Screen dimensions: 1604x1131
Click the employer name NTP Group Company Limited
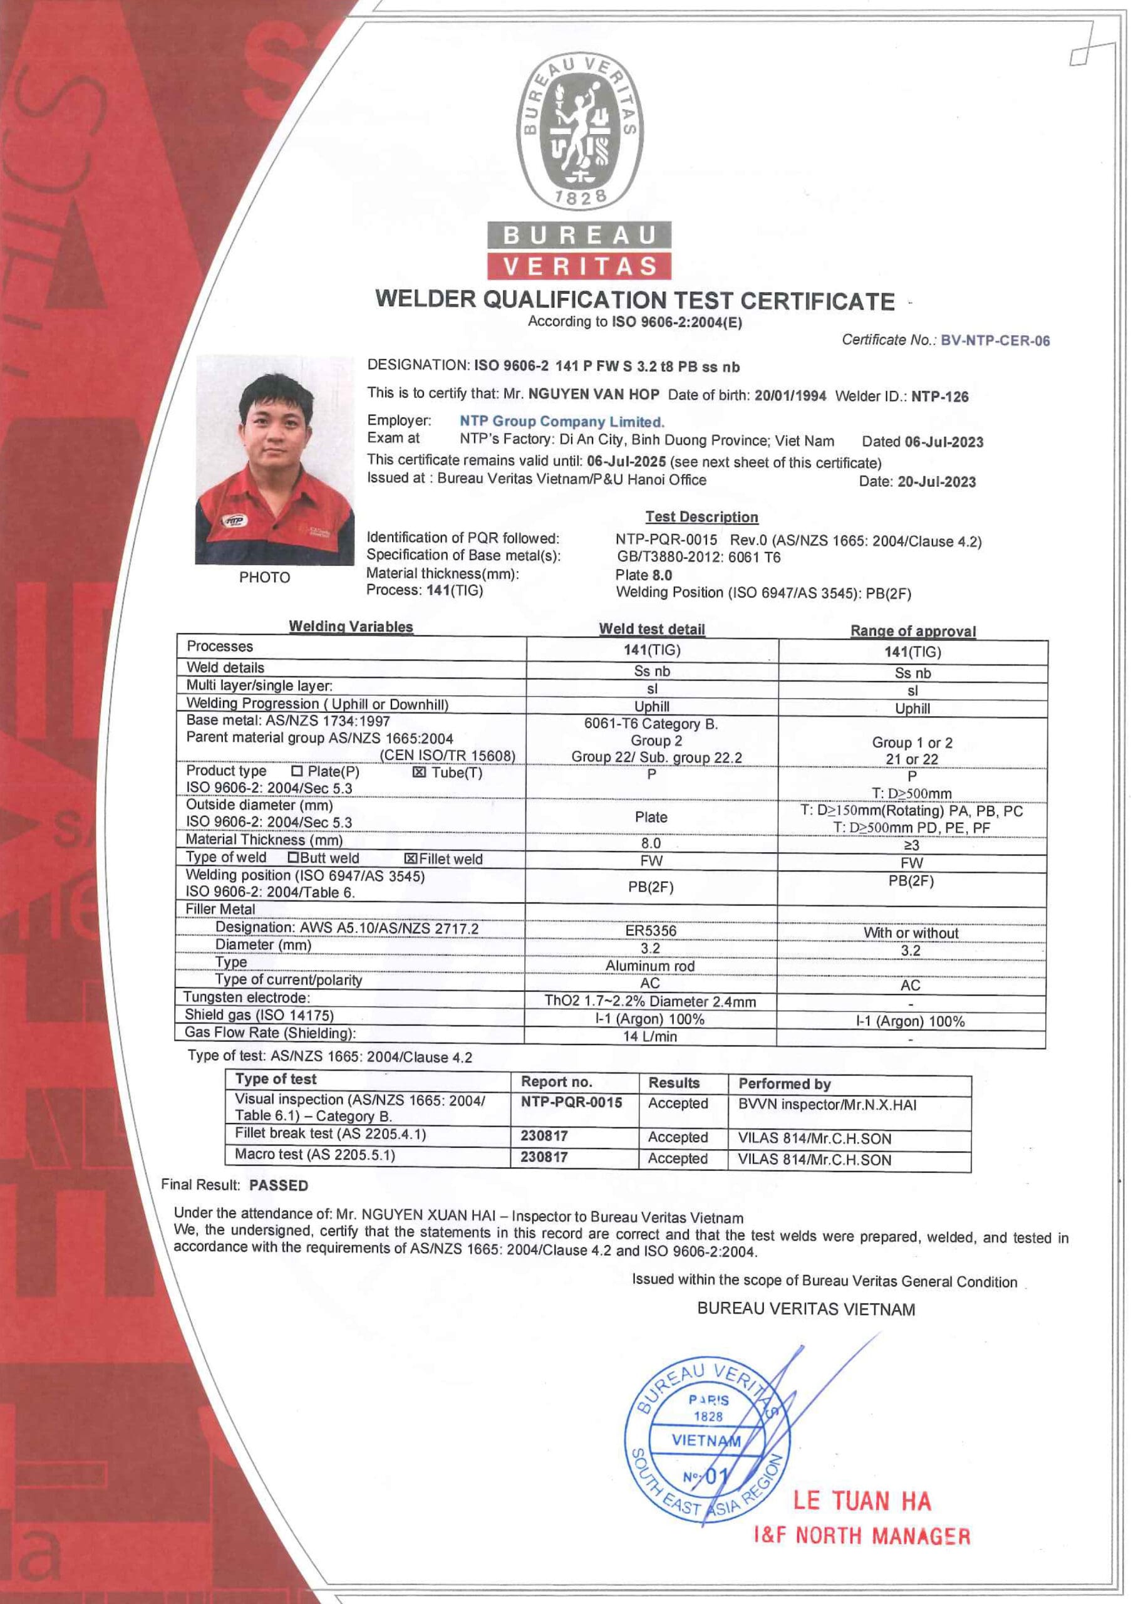[x=561, y=421]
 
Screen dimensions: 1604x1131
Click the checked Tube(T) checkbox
[x=419, y=772]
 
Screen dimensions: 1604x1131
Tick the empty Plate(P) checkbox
[x=297, y=771]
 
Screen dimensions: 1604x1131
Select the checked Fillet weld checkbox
[x=411, y=858]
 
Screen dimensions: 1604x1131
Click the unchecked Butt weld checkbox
[x=293, y=858]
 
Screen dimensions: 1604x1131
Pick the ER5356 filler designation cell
[x=650, y=930]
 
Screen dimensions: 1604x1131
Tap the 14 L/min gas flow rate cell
[x=649, y=1036]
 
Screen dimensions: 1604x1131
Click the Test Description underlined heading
[x=701, y=517]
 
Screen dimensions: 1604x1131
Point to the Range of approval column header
[x=912, y=631]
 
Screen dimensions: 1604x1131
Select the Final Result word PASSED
[x=278, y=1185]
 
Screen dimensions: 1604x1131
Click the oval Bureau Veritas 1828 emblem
[x=579, y=131]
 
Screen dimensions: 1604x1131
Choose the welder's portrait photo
[x=274, y=459]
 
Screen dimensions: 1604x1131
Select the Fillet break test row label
[x=329, y=1134]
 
